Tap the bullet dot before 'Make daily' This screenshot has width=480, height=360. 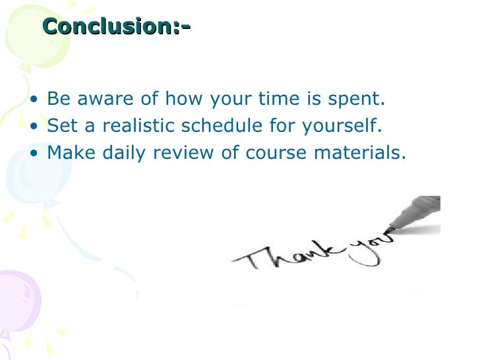(x=34, y=154)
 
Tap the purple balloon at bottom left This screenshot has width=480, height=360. (x=16, y=300)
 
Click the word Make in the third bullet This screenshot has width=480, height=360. (x=71, y=153)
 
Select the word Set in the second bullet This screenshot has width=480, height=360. (x=62, y=127)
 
